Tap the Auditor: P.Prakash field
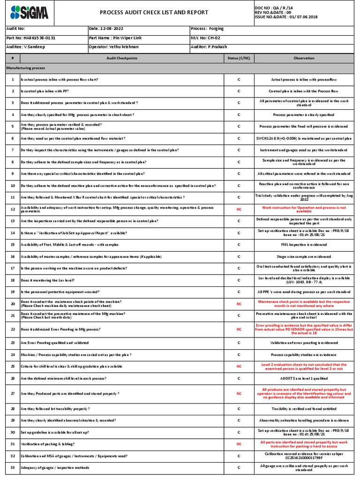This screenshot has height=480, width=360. click(x=209, y=47)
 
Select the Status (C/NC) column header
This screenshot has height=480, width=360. click(x=239, y=58)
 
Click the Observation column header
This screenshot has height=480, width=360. click(x=304, y=58)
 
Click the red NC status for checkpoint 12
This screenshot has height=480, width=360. click(x=239, y=209)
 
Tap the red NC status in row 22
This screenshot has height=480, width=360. click(x=239, y=330)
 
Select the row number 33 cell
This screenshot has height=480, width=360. click(x=13, y=467)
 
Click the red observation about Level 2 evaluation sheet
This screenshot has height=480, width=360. click(x=304, y=366)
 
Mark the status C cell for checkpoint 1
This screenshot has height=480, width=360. click(x=239, y=80)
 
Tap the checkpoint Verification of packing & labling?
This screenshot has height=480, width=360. click(x=47, y=443)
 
